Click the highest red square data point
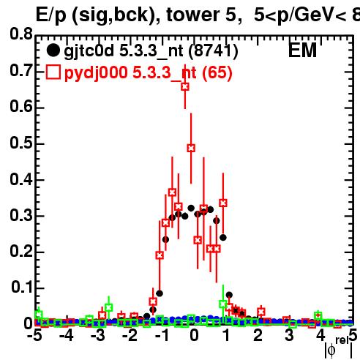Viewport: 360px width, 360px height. pyautogui.click(x=185, y=86)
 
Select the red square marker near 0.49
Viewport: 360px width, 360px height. pyautogui.click(x=191, y=148)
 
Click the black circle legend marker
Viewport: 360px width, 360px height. pyautogui.click(x=53, y=50)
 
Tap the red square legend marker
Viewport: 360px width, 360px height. pyautogui.click(x=53, y=72)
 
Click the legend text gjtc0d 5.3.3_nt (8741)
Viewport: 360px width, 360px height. pyautogui.click(x=151, y=51)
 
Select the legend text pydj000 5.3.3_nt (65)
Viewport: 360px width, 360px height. pyautogui.click(x=149, y=73)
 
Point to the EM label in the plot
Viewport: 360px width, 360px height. pyautogui.click(x=302, y=50)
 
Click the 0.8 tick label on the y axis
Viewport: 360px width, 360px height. pyautogui.click(x=21, y=34)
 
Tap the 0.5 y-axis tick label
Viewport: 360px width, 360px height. pyautogui.click(x=21, y=143)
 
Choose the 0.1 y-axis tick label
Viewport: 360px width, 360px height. pyautogui.click(x=22, y=287)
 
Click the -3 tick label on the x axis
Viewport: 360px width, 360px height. pyautogui.click(x=98, y=336)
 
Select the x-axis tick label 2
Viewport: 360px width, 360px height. pyautogui.click(x=258, y=336)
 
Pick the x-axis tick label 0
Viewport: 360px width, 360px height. pyautogui.click(x=194, y=336)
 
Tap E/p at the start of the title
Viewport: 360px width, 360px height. pyautogui.click(x=51, y=15)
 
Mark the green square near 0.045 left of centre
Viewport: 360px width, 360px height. pyautogui.click(x=108, y=307)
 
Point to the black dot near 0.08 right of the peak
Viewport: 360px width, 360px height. pyautogui.click(x=229, y=295)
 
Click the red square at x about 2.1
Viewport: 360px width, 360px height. pyautogui.click(x=261, y=312)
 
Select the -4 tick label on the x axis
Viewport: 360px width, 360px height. pyautogui.click(x=66, y=336)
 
